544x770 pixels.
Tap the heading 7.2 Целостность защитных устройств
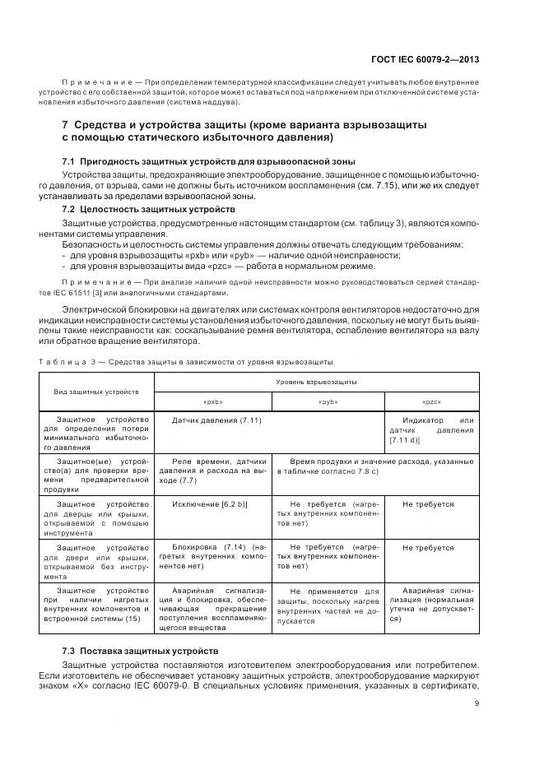pyautogui.click(x=149, y=210)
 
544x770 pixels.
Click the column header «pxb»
pyautogui.click(x=213, y=401)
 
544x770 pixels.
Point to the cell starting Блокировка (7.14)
pyautogui.click(x=213, y=556)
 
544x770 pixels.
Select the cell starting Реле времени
pyautogui.click(x=213, y=471)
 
